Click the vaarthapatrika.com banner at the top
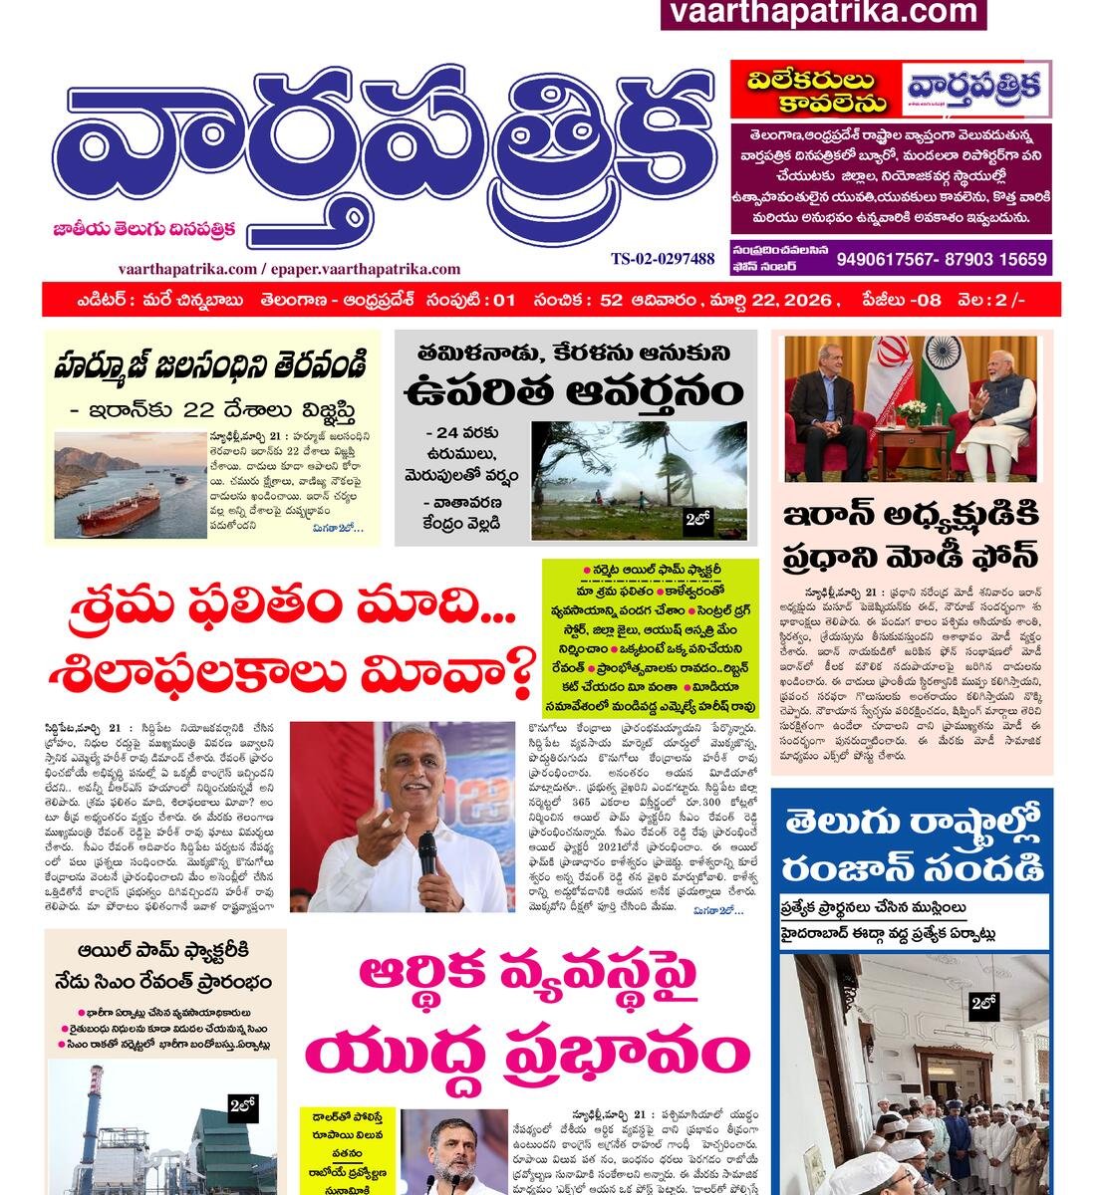823,13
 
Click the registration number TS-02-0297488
663,259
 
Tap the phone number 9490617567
887,260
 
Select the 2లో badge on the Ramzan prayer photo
983,1007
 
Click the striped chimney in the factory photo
96,1115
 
